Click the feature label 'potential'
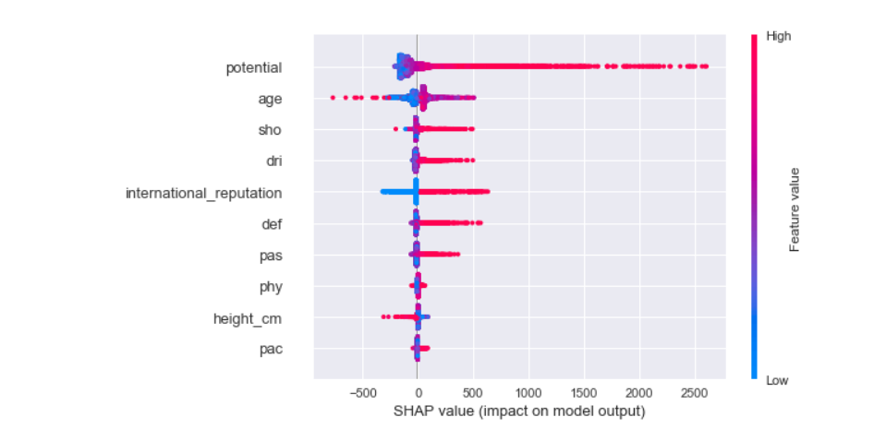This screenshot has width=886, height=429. point(254,67)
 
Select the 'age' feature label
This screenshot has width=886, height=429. point(270,99)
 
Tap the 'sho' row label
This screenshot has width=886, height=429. point(270,130)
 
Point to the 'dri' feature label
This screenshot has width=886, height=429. point(273,161)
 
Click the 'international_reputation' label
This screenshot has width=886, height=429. point(203,193)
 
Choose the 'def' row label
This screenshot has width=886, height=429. point(272,224)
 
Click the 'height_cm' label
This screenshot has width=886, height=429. point(247,318)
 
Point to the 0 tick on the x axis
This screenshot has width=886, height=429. point(418,393)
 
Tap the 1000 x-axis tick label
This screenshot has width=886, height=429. point(528,393)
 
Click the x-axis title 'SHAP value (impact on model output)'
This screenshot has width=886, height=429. point(519,411)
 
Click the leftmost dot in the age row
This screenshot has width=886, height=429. point(333,97)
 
